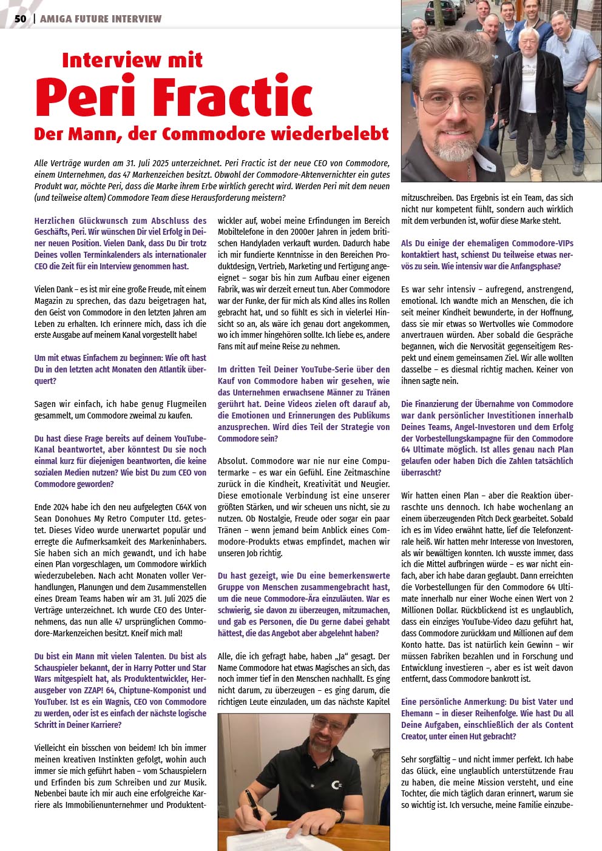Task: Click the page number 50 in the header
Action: click(21, 19)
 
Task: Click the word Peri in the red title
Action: click(85, 97)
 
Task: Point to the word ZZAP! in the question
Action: click(89, 690)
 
